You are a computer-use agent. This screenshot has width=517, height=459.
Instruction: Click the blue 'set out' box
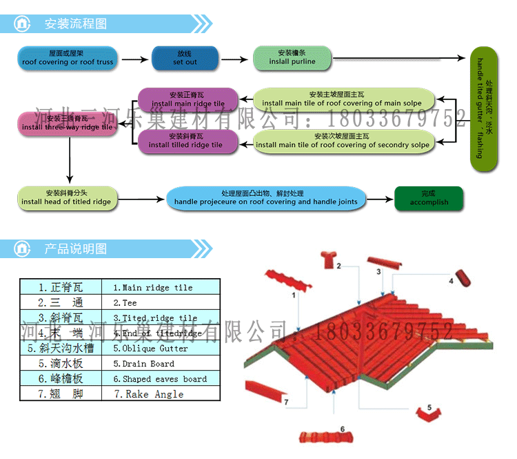(185, 57)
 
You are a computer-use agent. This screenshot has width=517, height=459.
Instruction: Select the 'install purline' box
(292, 57)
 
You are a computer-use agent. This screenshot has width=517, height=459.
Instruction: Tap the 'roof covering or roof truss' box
(67, 57)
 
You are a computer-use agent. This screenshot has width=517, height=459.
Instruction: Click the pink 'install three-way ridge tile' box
(67, 123)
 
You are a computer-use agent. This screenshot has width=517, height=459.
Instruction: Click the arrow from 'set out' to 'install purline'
(234, 60)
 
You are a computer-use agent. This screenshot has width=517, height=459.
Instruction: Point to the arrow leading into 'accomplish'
(381, 199)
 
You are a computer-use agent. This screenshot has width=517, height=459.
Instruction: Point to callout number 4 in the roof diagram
(451, 281)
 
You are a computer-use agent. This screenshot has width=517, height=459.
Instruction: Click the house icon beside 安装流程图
(22, 24)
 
